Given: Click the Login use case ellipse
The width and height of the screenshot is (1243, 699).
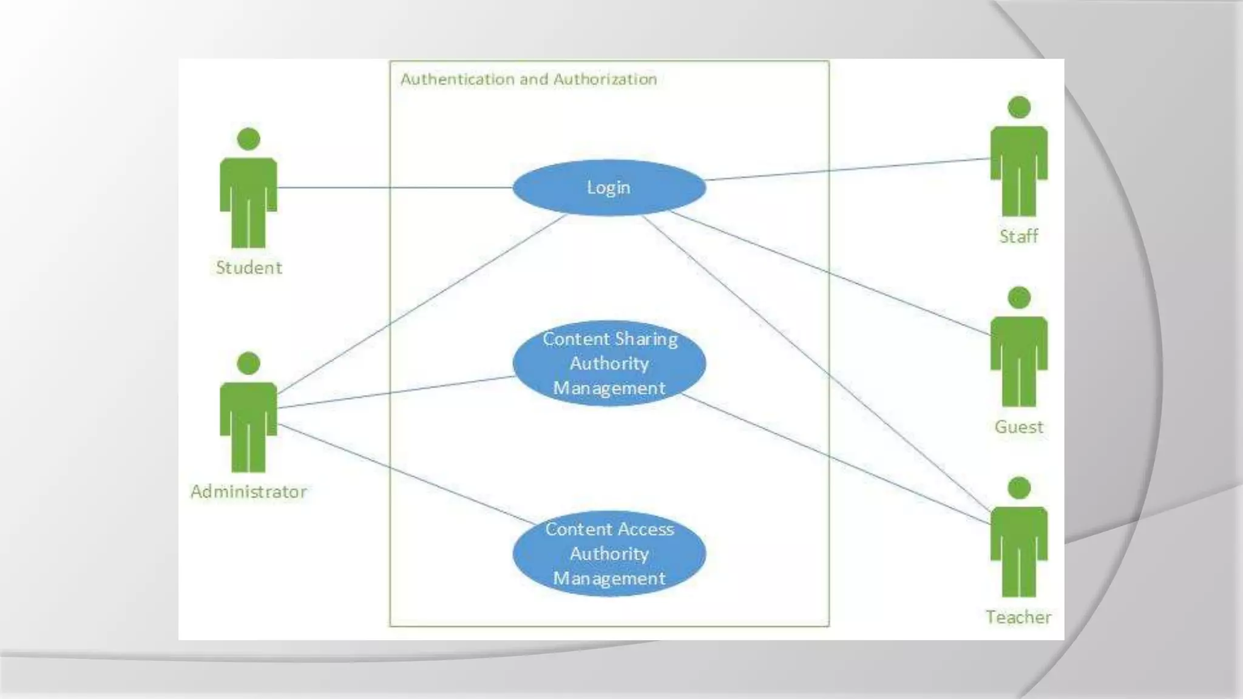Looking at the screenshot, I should tap(609, 187).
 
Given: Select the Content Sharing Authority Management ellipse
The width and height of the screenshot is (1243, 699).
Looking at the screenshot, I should tap(609, 363).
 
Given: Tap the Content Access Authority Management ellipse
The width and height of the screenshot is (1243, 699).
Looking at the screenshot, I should tap(609, 553).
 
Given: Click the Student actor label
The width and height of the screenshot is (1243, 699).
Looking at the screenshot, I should tap(249, 268).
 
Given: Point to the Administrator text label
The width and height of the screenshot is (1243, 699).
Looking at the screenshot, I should tap(249, 491).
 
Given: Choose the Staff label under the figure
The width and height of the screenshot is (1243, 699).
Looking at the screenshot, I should tap(1018, 236).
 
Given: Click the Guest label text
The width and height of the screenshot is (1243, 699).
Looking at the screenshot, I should tap(1018, 427).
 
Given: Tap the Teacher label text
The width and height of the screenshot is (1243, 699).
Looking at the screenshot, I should tap(1018, 617).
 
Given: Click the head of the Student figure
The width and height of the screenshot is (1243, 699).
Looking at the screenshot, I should tap(248, 139).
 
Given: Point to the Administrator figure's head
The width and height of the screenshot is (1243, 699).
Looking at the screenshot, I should tap(248, 363).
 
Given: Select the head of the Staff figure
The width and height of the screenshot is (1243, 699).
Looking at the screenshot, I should tap(1019, 107).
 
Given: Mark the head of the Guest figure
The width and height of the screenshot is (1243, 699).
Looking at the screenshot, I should tap(1019, 298).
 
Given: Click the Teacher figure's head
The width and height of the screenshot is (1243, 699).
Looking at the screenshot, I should tap(1019, 488).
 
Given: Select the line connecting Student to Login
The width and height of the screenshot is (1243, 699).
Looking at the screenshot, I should tap(395, 187).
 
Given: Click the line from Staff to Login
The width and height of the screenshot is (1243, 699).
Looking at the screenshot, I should tap(850, 169).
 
